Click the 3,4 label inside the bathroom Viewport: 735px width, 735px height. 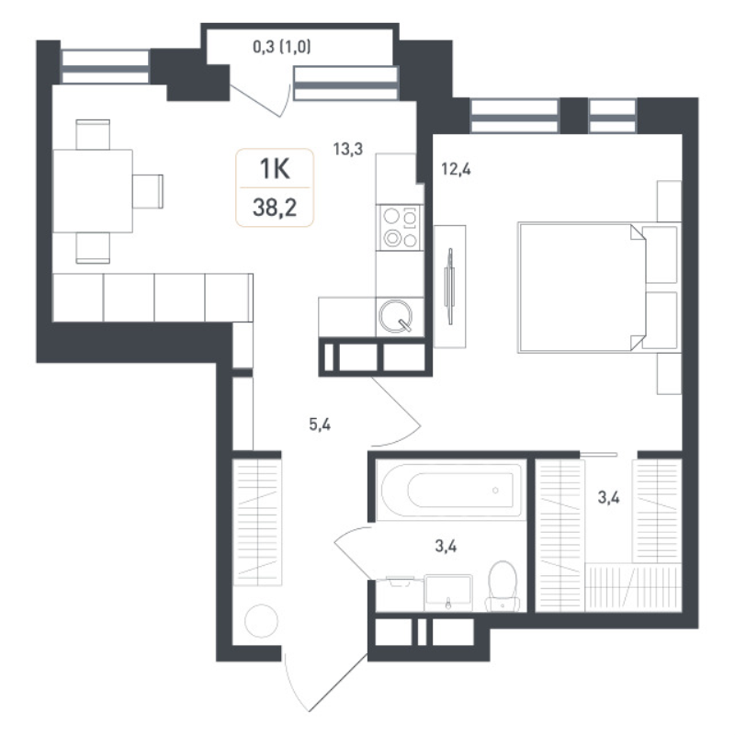tap(446, 548)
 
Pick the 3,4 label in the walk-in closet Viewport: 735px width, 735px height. tap(608, 499)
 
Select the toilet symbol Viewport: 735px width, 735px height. tap(502, 585)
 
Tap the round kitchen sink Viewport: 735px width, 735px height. tap(397, 317)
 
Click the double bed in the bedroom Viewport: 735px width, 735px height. tap(583, 286)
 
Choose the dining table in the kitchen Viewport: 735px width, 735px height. tap(92, 190)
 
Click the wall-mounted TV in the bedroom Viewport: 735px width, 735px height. tap(449, 286)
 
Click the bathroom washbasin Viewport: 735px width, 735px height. tap(448, 591)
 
